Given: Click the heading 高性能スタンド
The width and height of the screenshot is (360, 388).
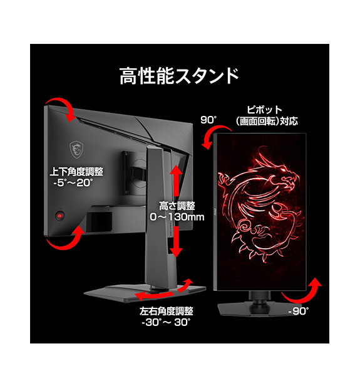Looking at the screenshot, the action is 179,76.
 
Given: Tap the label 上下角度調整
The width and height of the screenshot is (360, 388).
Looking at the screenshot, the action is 76,172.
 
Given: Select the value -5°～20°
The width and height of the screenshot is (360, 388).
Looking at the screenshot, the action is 73,183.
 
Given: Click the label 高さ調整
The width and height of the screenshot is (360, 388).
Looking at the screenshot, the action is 177,206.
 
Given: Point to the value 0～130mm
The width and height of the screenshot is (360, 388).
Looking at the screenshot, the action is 177,217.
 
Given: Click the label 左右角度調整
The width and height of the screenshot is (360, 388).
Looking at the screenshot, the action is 167,311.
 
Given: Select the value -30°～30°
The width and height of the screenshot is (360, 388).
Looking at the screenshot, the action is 166,322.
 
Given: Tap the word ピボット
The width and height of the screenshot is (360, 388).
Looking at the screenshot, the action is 264,110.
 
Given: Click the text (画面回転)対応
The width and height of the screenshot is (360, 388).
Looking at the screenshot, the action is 267,121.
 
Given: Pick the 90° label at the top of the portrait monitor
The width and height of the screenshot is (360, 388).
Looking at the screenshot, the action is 208,120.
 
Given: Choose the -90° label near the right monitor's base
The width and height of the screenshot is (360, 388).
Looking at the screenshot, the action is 299,311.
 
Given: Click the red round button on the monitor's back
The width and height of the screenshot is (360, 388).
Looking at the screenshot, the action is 60,216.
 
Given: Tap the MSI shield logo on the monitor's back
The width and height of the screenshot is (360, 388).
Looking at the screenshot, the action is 76,149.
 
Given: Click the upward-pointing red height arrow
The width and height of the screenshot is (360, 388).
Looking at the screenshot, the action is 176,180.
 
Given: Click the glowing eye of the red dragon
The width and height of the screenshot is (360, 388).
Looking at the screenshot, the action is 282,170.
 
